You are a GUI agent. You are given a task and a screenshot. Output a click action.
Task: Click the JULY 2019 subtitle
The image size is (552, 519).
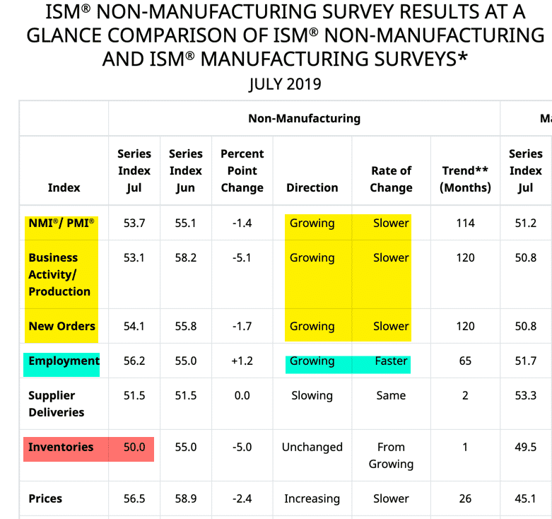285,85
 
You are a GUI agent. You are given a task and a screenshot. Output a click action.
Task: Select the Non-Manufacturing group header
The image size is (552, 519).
304,118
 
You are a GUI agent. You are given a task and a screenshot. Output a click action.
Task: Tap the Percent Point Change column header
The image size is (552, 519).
242,170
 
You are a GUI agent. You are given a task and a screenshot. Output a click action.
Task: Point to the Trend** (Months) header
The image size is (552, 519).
465,179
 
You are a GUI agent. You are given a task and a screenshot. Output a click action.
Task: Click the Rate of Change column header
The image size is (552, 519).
391,179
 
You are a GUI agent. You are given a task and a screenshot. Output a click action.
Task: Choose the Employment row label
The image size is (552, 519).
64,361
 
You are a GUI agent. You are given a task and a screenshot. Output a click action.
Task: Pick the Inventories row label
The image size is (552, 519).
61,447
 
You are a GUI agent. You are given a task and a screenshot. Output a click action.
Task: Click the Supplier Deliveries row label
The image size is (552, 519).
57,404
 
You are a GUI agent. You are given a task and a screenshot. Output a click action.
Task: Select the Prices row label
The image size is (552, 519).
45,498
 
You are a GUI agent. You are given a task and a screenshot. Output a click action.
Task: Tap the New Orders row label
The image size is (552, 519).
62,326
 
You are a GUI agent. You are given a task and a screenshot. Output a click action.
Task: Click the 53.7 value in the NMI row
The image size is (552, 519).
134,223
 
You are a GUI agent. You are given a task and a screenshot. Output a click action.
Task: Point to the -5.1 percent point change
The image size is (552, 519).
242,257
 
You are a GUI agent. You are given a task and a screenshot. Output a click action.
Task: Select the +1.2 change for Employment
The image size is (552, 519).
242,361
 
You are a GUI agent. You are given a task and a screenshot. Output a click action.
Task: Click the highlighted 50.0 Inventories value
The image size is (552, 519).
134,447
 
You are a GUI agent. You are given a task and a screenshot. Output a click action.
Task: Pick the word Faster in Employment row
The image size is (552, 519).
391,361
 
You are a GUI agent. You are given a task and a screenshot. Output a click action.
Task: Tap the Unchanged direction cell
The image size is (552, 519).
312,447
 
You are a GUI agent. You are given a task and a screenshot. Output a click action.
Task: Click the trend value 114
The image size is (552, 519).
465,223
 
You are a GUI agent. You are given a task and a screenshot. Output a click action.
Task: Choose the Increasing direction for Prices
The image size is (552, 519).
312,498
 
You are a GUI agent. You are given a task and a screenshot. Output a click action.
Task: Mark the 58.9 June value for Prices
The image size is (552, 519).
185,498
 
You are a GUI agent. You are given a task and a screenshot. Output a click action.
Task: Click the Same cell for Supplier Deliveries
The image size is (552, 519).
391,395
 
